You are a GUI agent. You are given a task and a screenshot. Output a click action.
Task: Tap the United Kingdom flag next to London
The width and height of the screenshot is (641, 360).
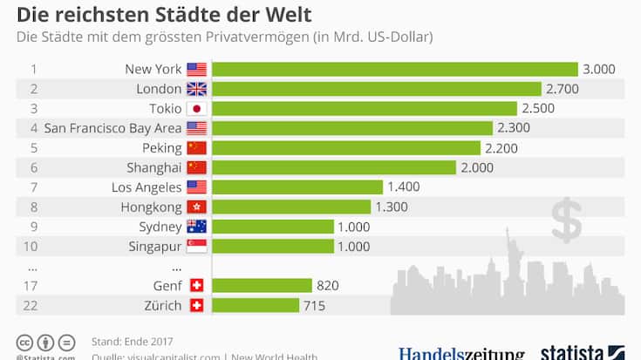coord(196,89)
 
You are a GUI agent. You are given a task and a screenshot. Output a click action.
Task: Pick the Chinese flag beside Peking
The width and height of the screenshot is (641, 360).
coord(196,147)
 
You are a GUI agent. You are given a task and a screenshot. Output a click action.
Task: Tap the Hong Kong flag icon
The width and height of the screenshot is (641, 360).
coord(196,207)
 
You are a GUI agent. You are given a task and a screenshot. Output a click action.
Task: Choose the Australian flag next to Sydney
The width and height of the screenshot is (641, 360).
coord(196,227)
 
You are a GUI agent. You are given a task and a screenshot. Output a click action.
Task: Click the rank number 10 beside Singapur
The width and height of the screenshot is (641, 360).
coord(34,246)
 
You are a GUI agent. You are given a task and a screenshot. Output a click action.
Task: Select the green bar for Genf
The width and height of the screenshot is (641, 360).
coord(262,285)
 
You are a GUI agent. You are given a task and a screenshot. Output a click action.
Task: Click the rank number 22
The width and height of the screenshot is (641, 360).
coord(34,305)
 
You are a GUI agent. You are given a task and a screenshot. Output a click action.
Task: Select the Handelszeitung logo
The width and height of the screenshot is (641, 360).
coord(462,353)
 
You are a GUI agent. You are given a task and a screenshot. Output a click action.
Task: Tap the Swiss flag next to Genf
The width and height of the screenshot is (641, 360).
coord(196,285)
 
